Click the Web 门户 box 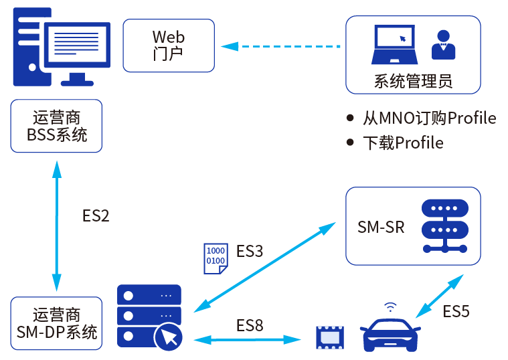169,45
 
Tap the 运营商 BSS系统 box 57,126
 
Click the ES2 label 96,215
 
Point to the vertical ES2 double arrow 57,225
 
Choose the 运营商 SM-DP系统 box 57,323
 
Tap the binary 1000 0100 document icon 215,258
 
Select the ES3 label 250,252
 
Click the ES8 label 250,326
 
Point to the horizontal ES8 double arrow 247,340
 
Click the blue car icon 391,333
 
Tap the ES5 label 456,311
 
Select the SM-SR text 381,227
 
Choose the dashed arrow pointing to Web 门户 281,46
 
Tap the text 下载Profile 403,143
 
